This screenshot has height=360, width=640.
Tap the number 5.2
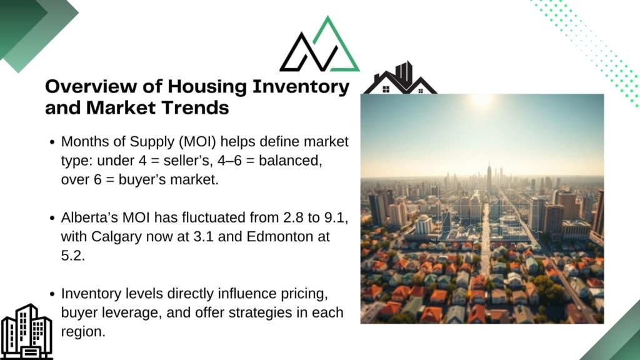click(x=72, y=256)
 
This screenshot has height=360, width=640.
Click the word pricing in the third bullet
click(x=304, y=294)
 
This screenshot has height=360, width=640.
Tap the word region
click(x=83, y=332)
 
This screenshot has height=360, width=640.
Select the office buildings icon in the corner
click(x=26, y=331)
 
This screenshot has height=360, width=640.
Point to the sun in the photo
click(x=482, y=99)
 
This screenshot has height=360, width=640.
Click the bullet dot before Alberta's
click(x=52, y=218)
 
